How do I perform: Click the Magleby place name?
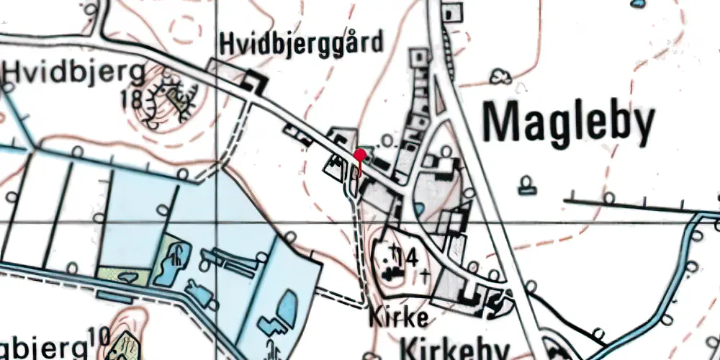[569, 123]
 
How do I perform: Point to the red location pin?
[359, 154]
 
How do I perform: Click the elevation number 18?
[132, 99]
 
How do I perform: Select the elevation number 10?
[99, 336]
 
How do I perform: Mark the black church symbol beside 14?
[390, 272]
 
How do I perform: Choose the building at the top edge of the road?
[453, 13]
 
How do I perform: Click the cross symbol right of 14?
[426, 274]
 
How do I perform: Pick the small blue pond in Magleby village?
[419, 209]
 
